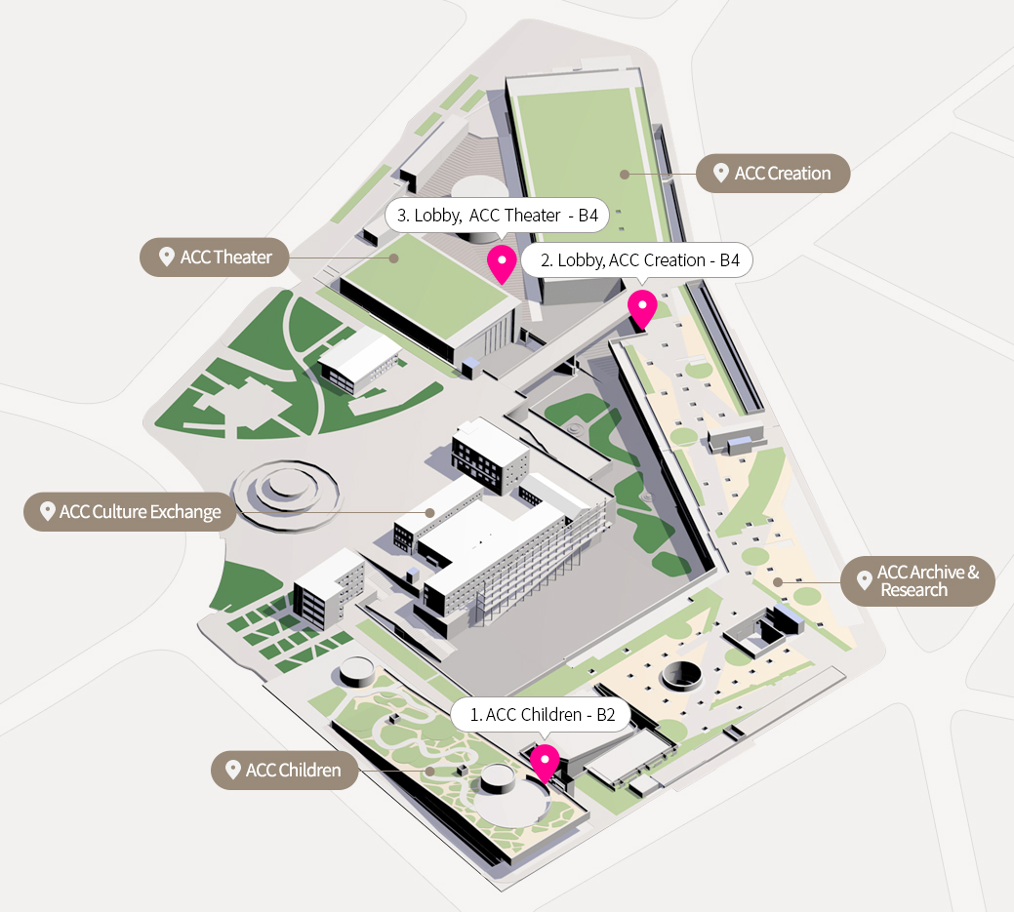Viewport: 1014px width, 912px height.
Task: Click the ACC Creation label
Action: pyautogui.click(x=773, y=174)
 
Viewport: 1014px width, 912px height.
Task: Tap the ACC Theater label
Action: pyautogui.click(x=214, y=258)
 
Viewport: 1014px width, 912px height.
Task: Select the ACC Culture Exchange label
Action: pyautogui.click(x=130, y=512)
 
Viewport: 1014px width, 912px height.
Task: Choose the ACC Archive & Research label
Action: pyautogui.click(x=917, y=581)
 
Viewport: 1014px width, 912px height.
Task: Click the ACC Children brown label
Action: pyautogui.click(x=285, y=770)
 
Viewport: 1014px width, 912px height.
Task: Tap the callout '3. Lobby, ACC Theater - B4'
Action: pyautogui.click(x=497, y=216)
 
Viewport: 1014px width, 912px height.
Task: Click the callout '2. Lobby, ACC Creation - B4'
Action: pyautogui.click(x=637, y=259)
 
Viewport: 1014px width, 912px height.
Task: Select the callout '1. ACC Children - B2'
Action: pyautogui.click(x=541, y=714)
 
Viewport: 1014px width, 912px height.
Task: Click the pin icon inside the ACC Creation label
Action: pyautogui.click(x=720, y=173)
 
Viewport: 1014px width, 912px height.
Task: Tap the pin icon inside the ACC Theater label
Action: pyautogui.click(x=167, y=257)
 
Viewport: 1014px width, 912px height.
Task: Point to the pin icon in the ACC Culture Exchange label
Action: pyautogui.click(x=47, y=511)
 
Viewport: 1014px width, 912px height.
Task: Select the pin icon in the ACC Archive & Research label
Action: pyautogui.click(x=864, y=579)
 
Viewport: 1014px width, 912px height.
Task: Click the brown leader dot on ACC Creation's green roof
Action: pyautogui.click(x=624, y=174)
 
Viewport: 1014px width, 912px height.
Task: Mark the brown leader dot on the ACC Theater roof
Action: pyautogui.click(x=394, y=258)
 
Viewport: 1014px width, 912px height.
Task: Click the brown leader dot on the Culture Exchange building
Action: pyautogui.click(x=430, y=512)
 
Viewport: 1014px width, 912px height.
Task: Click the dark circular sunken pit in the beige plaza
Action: pyautogui.click(x=681, y=676)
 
